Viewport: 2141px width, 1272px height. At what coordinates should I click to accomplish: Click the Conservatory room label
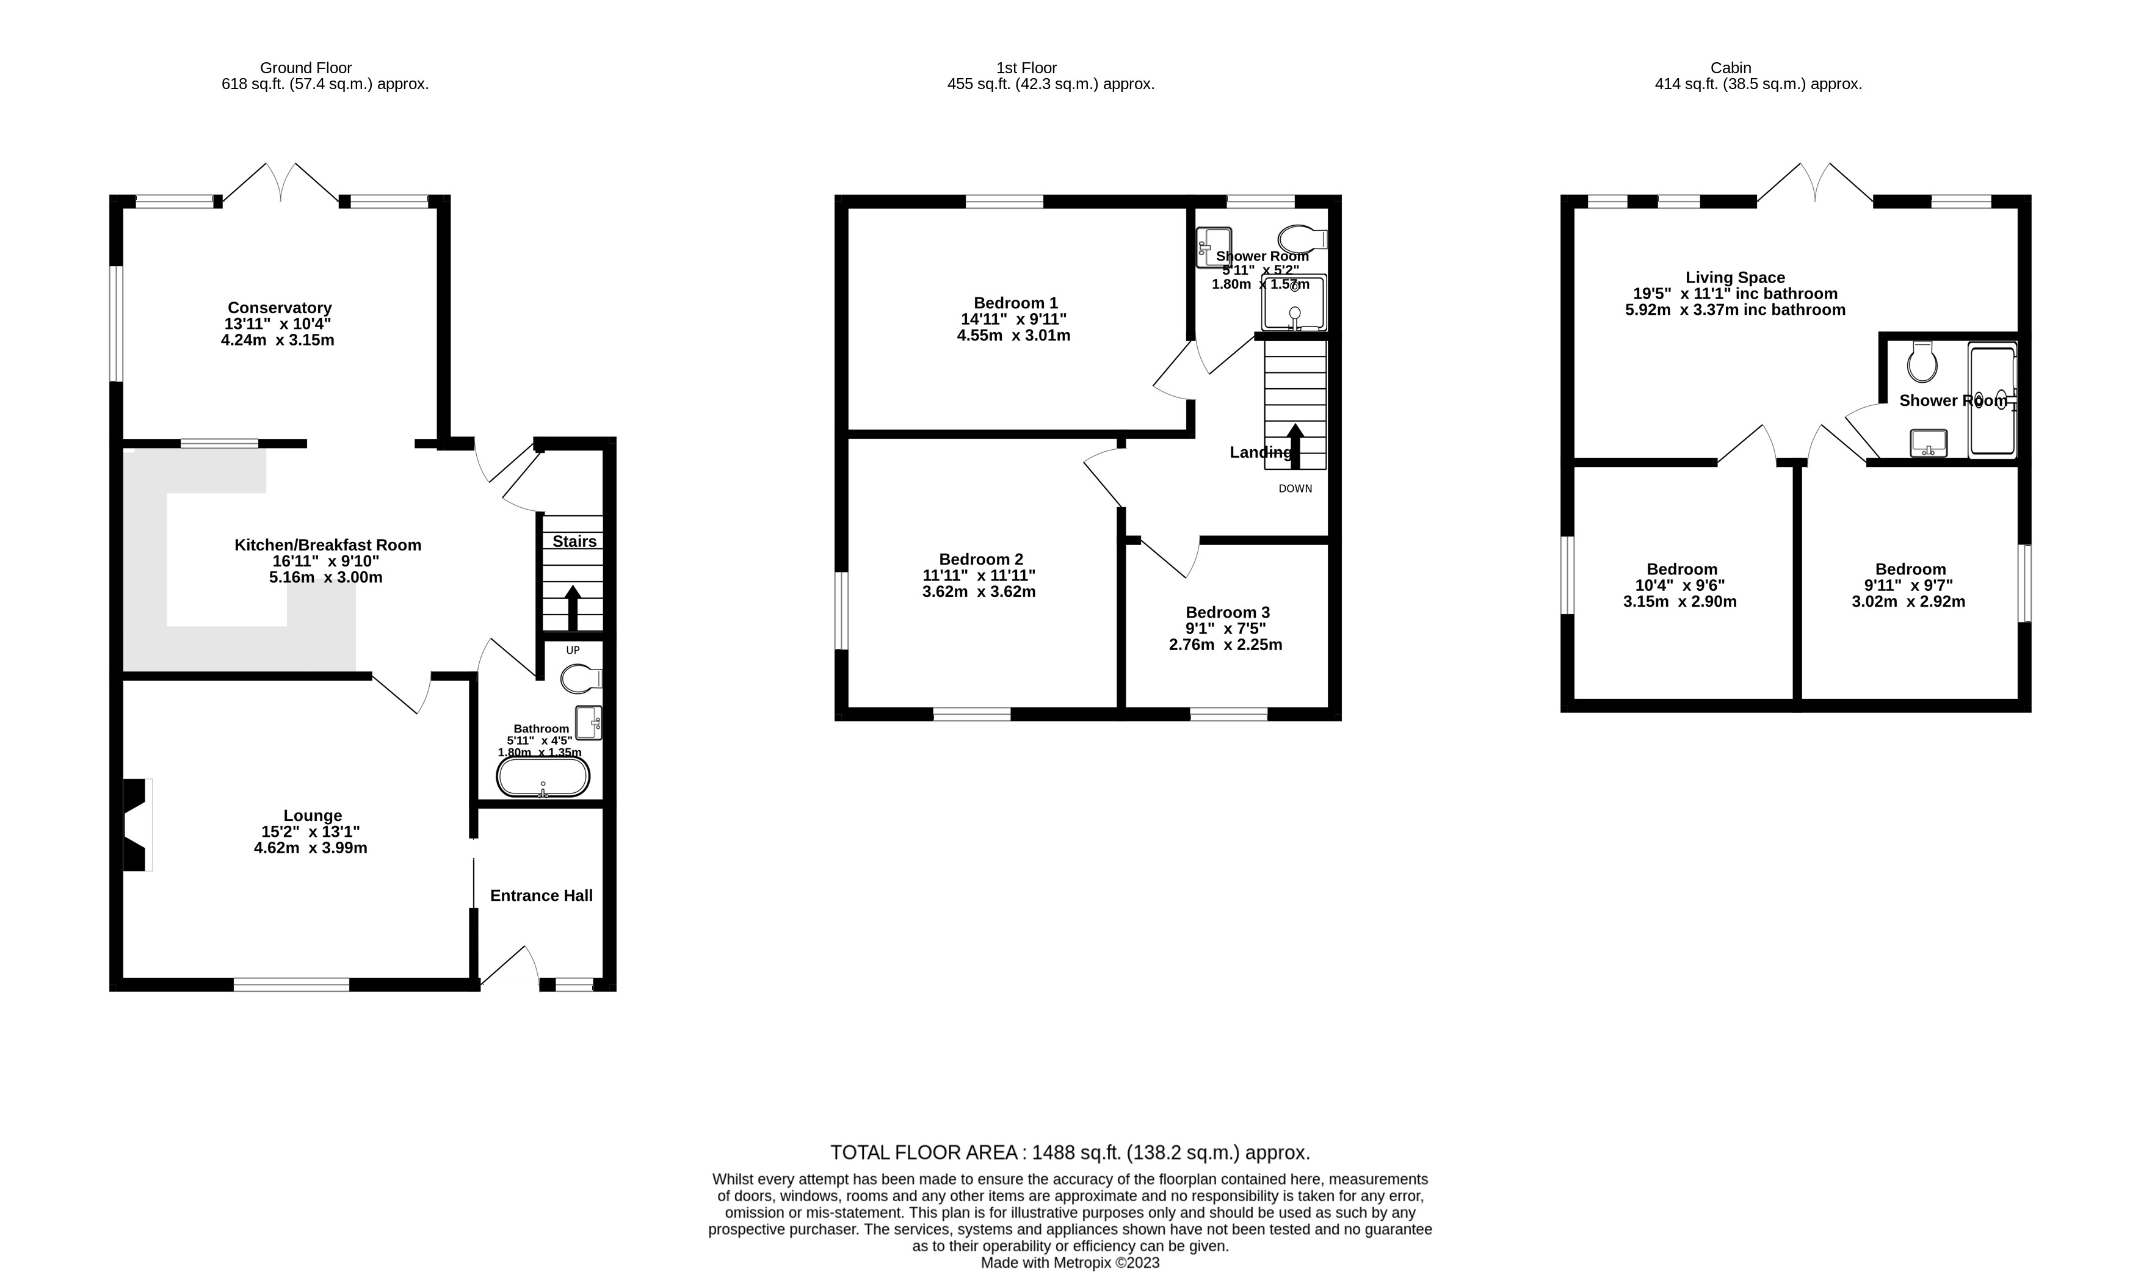coord(280,308)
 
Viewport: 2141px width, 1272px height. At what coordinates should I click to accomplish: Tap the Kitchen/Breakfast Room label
coord(328,545)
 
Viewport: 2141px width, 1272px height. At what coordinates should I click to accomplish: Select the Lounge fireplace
coord(138,825)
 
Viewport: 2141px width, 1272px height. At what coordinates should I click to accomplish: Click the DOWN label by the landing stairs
coord(1295,488)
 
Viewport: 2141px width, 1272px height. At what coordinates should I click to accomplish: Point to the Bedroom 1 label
coord(1016,303)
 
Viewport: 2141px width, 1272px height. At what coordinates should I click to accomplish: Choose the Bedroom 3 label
coord(1227,613)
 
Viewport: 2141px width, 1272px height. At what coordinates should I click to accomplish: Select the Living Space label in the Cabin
coord(1736,278)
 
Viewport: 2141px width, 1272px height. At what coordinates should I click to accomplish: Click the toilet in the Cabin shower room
coord(1922,363)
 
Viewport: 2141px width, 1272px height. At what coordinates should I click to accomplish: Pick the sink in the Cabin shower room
coord(1929,443)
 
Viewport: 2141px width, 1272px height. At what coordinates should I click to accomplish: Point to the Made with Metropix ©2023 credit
coord(1071,1263)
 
